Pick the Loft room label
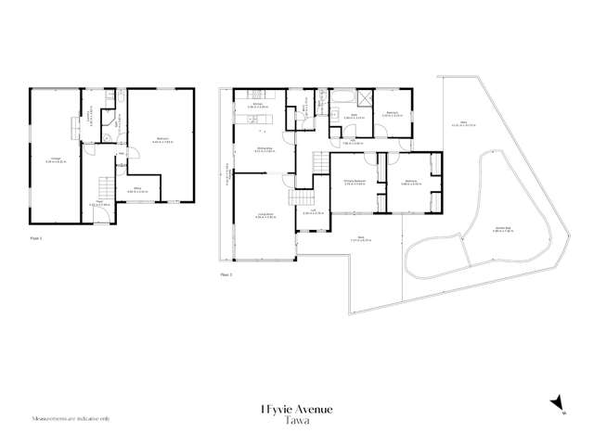click(x=312, y=214)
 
